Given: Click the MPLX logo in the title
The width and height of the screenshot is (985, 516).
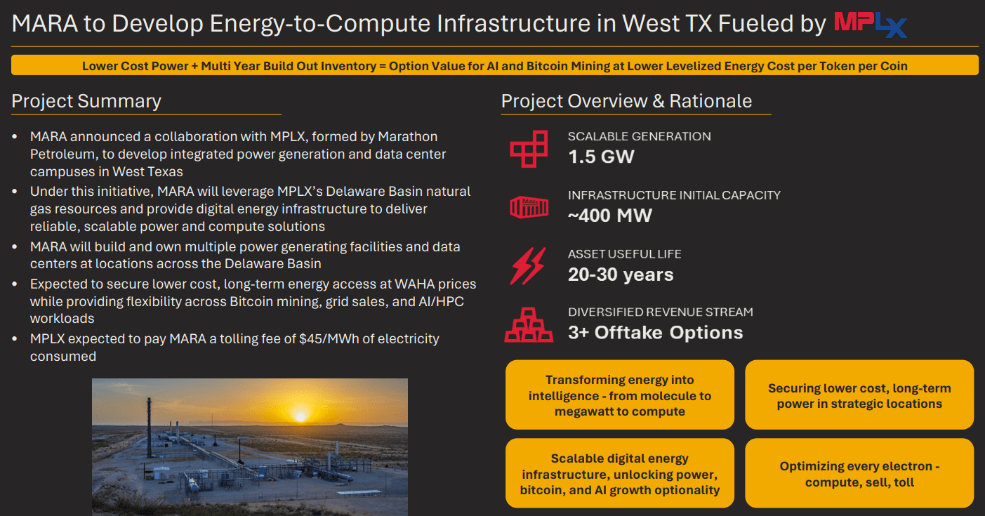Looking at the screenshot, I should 870,25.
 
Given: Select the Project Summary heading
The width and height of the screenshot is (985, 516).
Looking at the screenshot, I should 86,101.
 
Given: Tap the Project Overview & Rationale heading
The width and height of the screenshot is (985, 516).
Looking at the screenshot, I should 626,101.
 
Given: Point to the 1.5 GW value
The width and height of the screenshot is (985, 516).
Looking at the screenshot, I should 601,156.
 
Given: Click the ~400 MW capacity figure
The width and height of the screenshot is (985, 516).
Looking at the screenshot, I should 610,215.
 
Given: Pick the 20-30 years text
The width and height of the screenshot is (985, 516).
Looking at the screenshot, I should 621,274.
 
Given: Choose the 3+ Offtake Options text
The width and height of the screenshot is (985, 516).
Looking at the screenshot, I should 655,332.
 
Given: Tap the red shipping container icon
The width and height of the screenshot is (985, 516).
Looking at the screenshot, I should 529,207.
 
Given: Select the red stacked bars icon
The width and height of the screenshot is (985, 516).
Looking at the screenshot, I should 529,325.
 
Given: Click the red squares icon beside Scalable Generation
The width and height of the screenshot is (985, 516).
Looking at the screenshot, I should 529,148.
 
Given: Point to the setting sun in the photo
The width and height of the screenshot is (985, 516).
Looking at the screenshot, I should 300,415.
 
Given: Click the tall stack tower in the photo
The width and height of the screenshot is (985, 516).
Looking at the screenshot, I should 149,424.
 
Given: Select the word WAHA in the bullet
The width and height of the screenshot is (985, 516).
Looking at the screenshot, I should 420,284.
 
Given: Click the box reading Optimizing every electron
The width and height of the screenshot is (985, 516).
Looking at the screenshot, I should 859,474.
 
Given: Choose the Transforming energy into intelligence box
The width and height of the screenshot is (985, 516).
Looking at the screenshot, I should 619,395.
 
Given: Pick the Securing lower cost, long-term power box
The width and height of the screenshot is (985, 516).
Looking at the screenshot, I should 859,395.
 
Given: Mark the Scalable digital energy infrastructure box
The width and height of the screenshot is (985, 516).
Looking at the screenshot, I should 619,474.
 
